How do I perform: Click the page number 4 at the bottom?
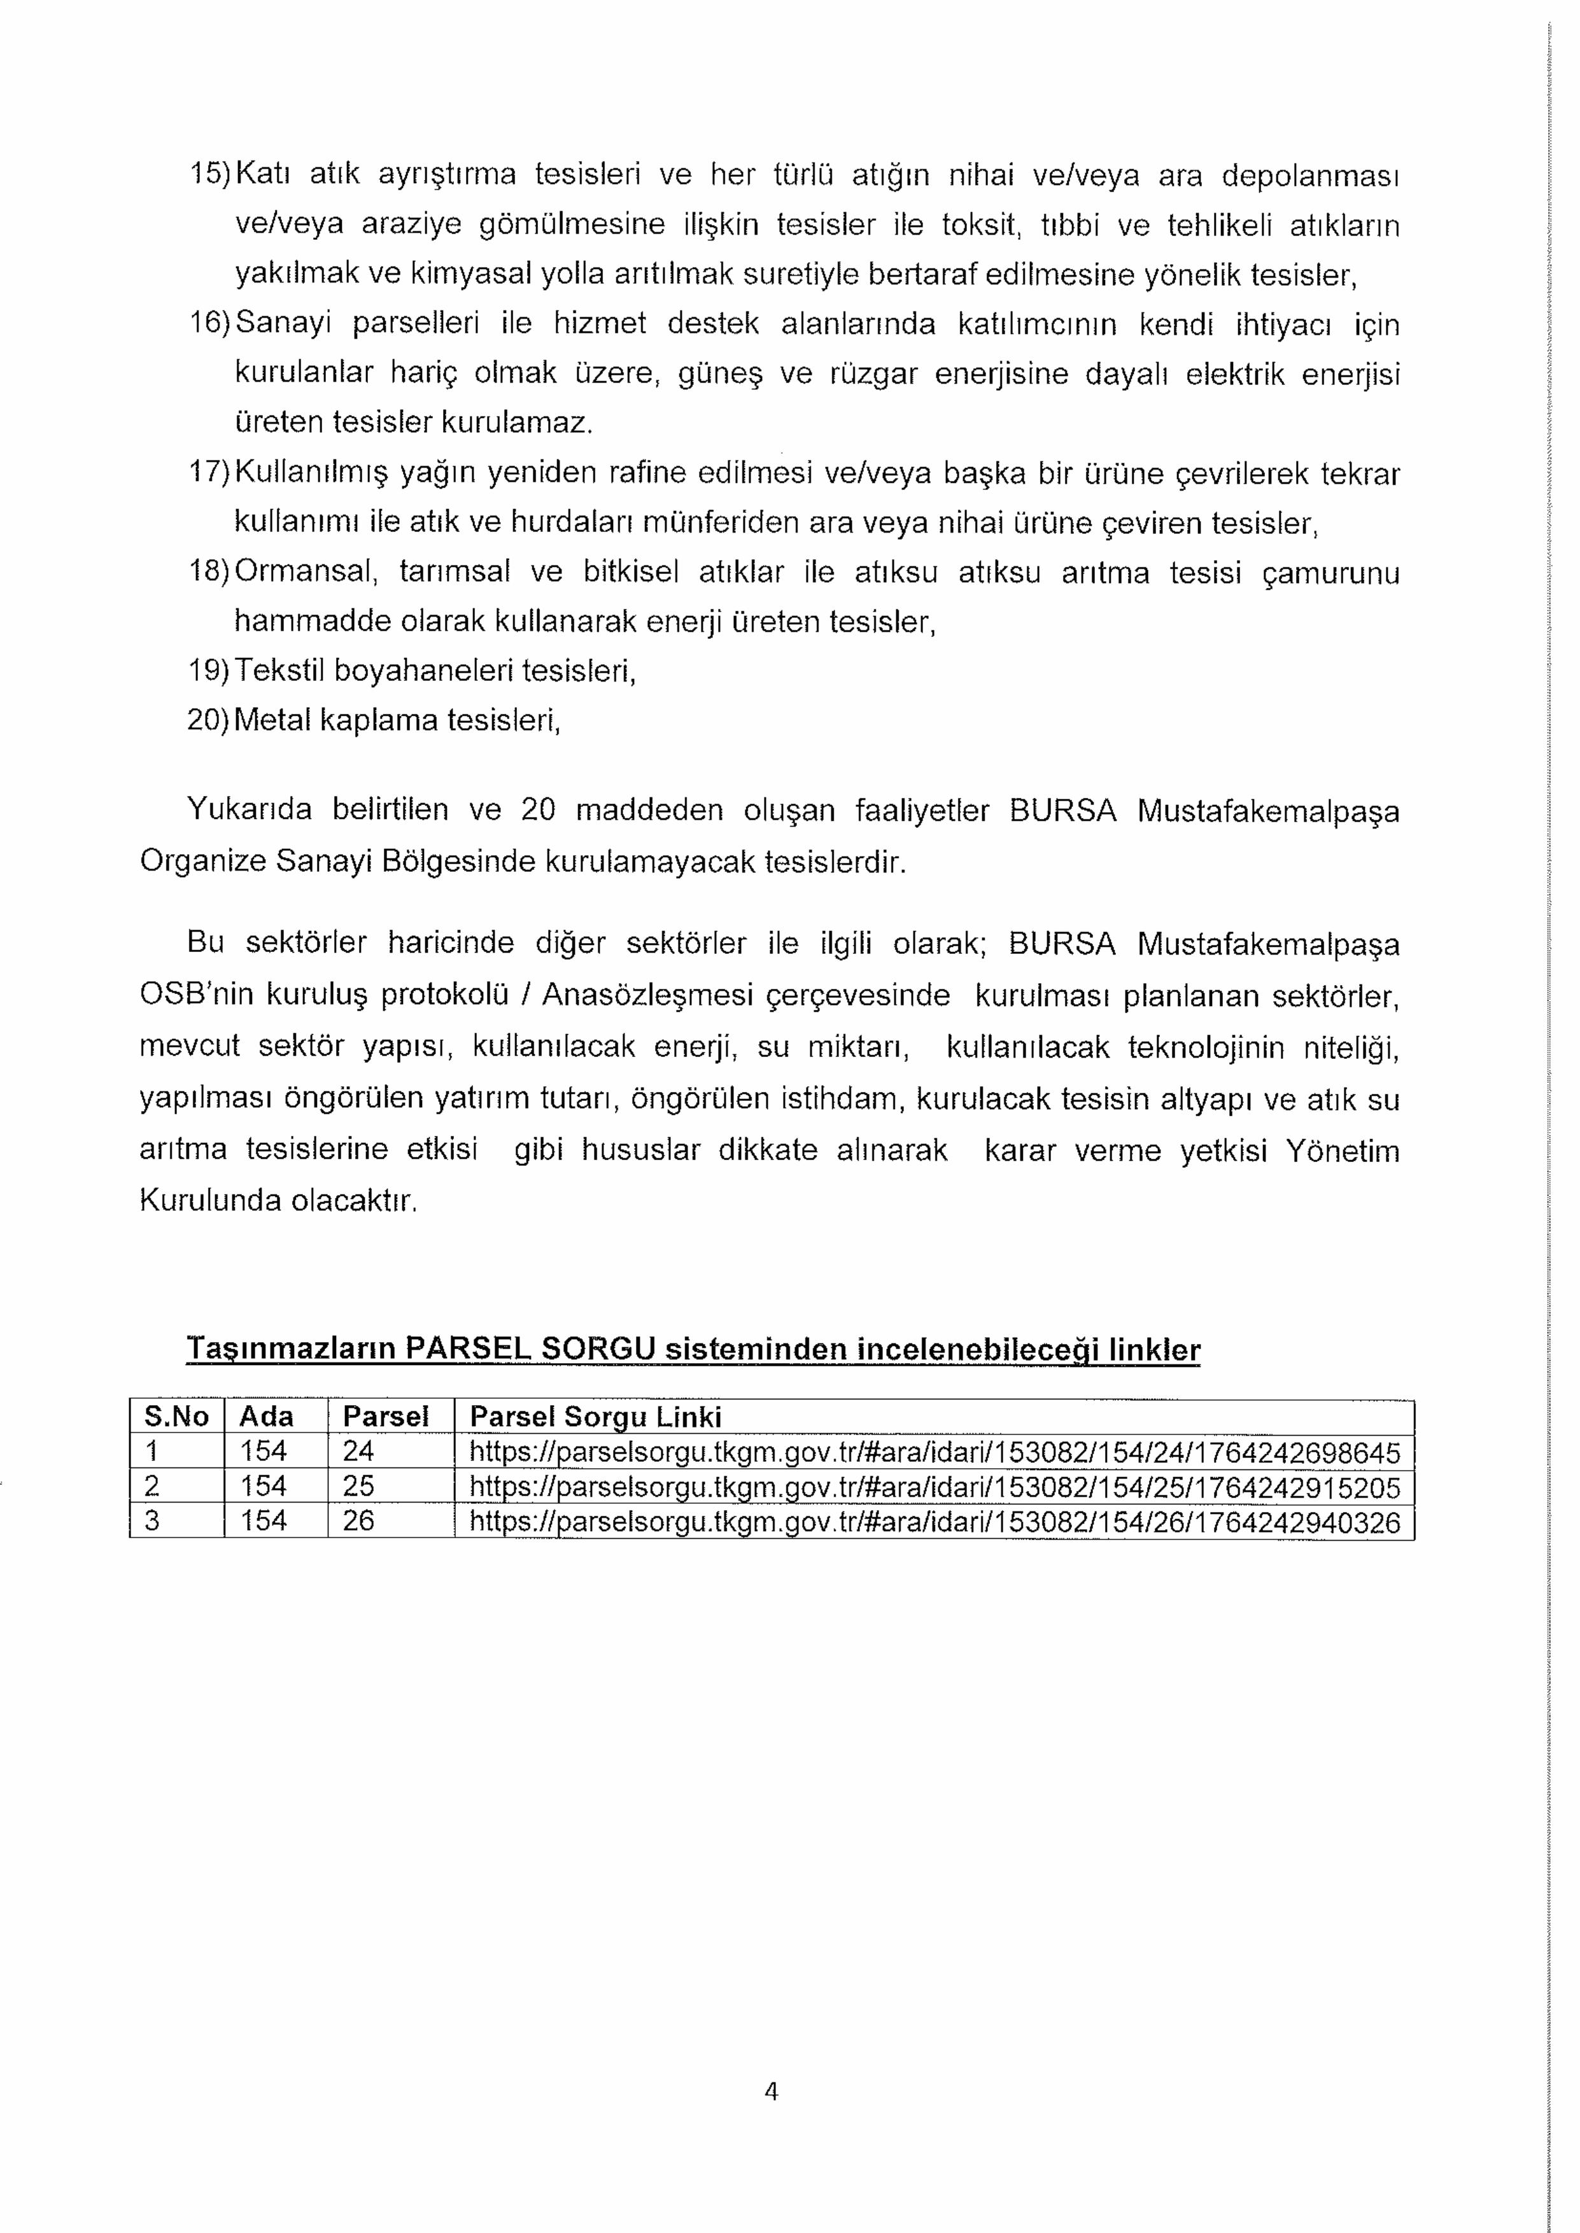pos(772,2090)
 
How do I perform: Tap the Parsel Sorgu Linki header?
pos(595,1417)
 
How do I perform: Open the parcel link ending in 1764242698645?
pos(934,1453)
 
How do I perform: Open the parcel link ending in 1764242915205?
pos(934,1488)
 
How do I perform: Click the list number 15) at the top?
pos(209,174)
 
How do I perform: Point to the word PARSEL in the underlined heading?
pos(466,1349)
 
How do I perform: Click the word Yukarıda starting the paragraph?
pos(248,810)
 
